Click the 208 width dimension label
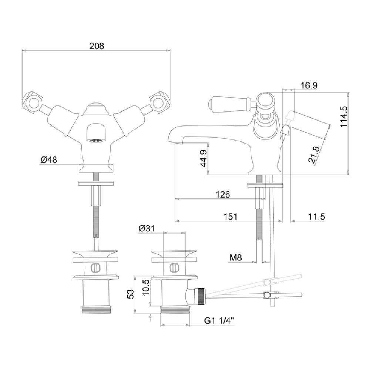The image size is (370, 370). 97,46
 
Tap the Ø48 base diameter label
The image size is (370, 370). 49,160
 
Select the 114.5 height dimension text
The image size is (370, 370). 344,117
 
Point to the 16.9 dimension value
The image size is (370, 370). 309,85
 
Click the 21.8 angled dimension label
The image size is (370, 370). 314,155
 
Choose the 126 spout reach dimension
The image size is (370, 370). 223,194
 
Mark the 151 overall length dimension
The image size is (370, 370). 230,216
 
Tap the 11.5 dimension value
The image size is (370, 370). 316,216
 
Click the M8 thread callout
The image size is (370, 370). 236,258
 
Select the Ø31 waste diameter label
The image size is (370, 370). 147,228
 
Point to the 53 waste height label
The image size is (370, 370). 131,294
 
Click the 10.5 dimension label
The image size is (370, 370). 146,287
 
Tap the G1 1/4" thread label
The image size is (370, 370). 219,320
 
